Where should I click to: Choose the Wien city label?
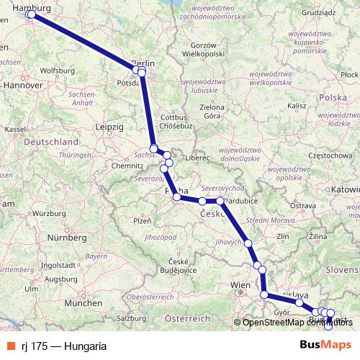(239, 286)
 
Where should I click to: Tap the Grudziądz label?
(322, 12)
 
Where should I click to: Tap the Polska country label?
(333, 96)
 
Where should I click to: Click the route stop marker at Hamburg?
(30, 14)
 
